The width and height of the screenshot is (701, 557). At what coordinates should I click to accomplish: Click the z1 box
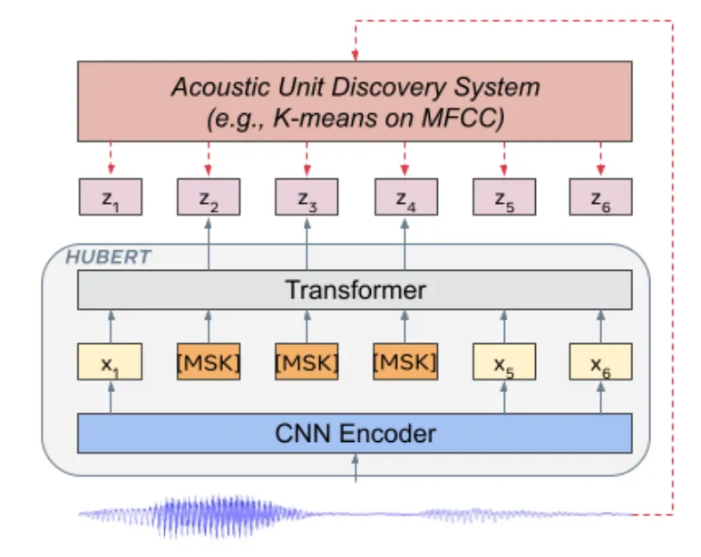[111, 197]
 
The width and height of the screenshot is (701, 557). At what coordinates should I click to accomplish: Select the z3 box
[307, 197]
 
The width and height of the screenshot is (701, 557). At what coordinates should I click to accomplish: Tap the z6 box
[600, 197]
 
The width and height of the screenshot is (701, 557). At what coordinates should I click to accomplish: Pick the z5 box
[504, 197]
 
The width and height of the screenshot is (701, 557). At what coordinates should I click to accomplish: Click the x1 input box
[110, 361]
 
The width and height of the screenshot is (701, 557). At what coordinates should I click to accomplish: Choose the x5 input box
[504, 361]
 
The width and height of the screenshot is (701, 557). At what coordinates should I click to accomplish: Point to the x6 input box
[600, 361]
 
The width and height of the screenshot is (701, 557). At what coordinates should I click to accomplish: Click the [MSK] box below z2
[209, 361]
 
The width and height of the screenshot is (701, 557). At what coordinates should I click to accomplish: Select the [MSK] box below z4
[405, 361]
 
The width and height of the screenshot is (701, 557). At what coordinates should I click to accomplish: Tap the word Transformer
[355, 290]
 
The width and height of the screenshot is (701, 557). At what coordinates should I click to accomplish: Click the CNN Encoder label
[355, 433]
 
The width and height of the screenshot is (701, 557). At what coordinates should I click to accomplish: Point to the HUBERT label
[109, 257]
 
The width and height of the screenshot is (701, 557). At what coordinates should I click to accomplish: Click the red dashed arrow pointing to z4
[404, 158]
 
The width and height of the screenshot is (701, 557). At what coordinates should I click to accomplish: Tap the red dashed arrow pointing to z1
[111, 158]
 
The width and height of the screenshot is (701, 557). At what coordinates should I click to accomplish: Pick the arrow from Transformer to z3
[307, 244]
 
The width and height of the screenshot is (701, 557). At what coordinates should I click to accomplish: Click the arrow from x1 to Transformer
[112, 327]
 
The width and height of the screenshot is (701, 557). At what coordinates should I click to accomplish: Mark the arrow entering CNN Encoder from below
[355, 467]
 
